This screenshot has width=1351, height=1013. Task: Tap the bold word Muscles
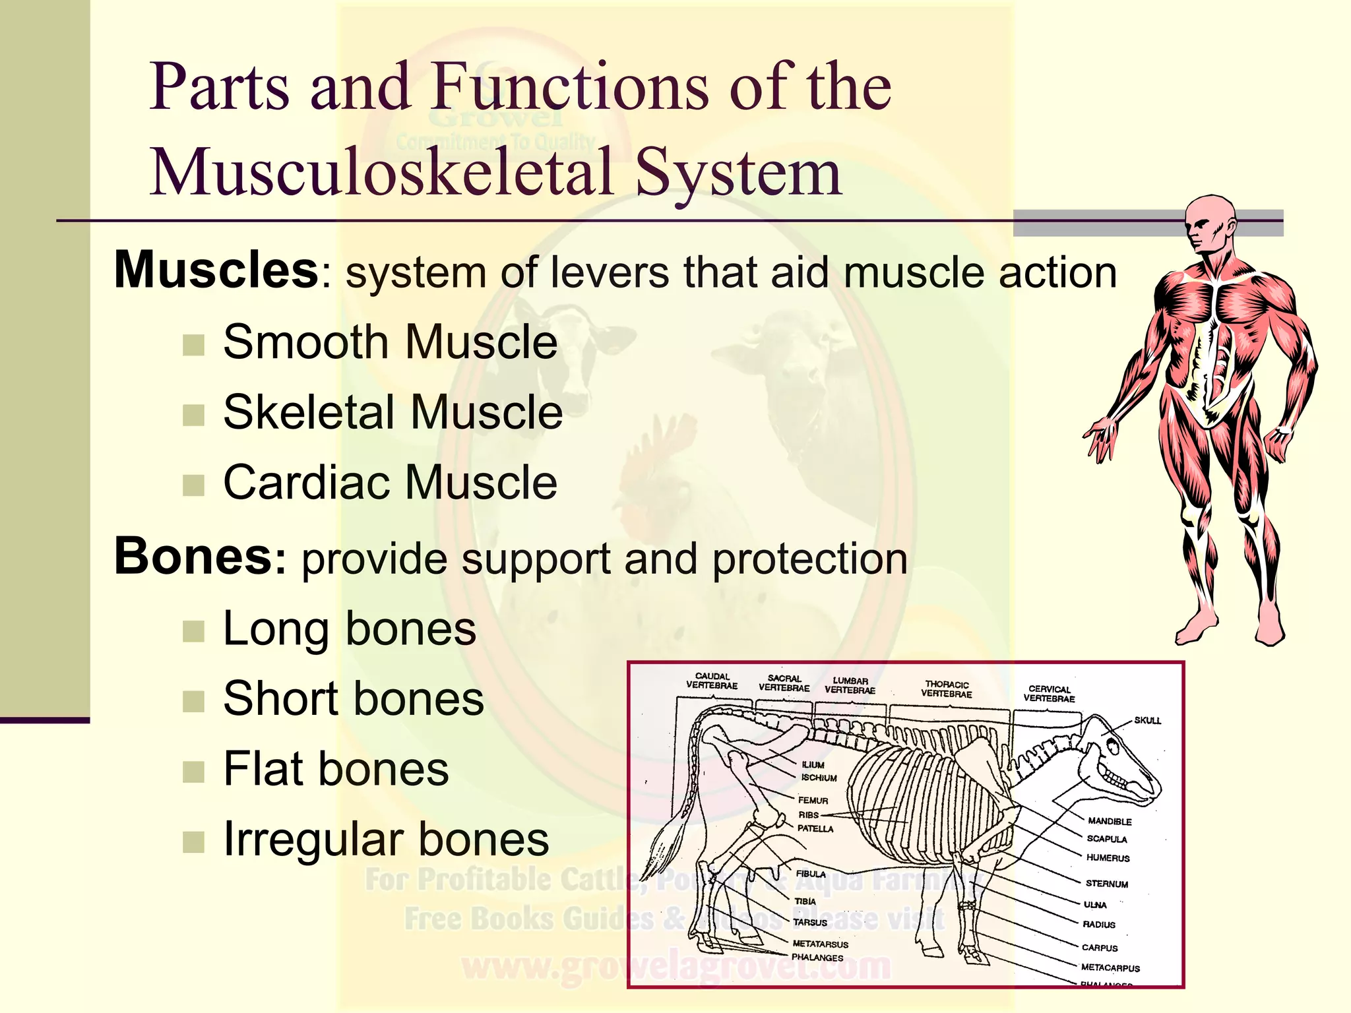[216, 270]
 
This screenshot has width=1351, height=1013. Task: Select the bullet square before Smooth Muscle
[193, 344]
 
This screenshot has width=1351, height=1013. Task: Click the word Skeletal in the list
[308, 412]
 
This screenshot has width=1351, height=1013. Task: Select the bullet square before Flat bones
[193, 771]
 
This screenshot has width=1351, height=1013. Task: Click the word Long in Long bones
[276, 629]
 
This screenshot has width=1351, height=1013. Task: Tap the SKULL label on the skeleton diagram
[1147, 720]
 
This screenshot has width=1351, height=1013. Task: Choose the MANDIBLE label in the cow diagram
[1110, 821]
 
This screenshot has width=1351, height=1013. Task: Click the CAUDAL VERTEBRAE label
[712, 681]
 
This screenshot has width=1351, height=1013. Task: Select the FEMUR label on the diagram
[813, 800]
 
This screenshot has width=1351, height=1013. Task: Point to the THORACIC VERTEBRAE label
[947, 689]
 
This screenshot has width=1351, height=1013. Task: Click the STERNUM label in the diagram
[1106, 884]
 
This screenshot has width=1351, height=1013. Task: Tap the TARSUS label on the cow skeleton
[809, 923]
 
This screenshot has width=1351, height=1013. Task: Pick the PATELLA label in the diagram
[815, 828]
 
